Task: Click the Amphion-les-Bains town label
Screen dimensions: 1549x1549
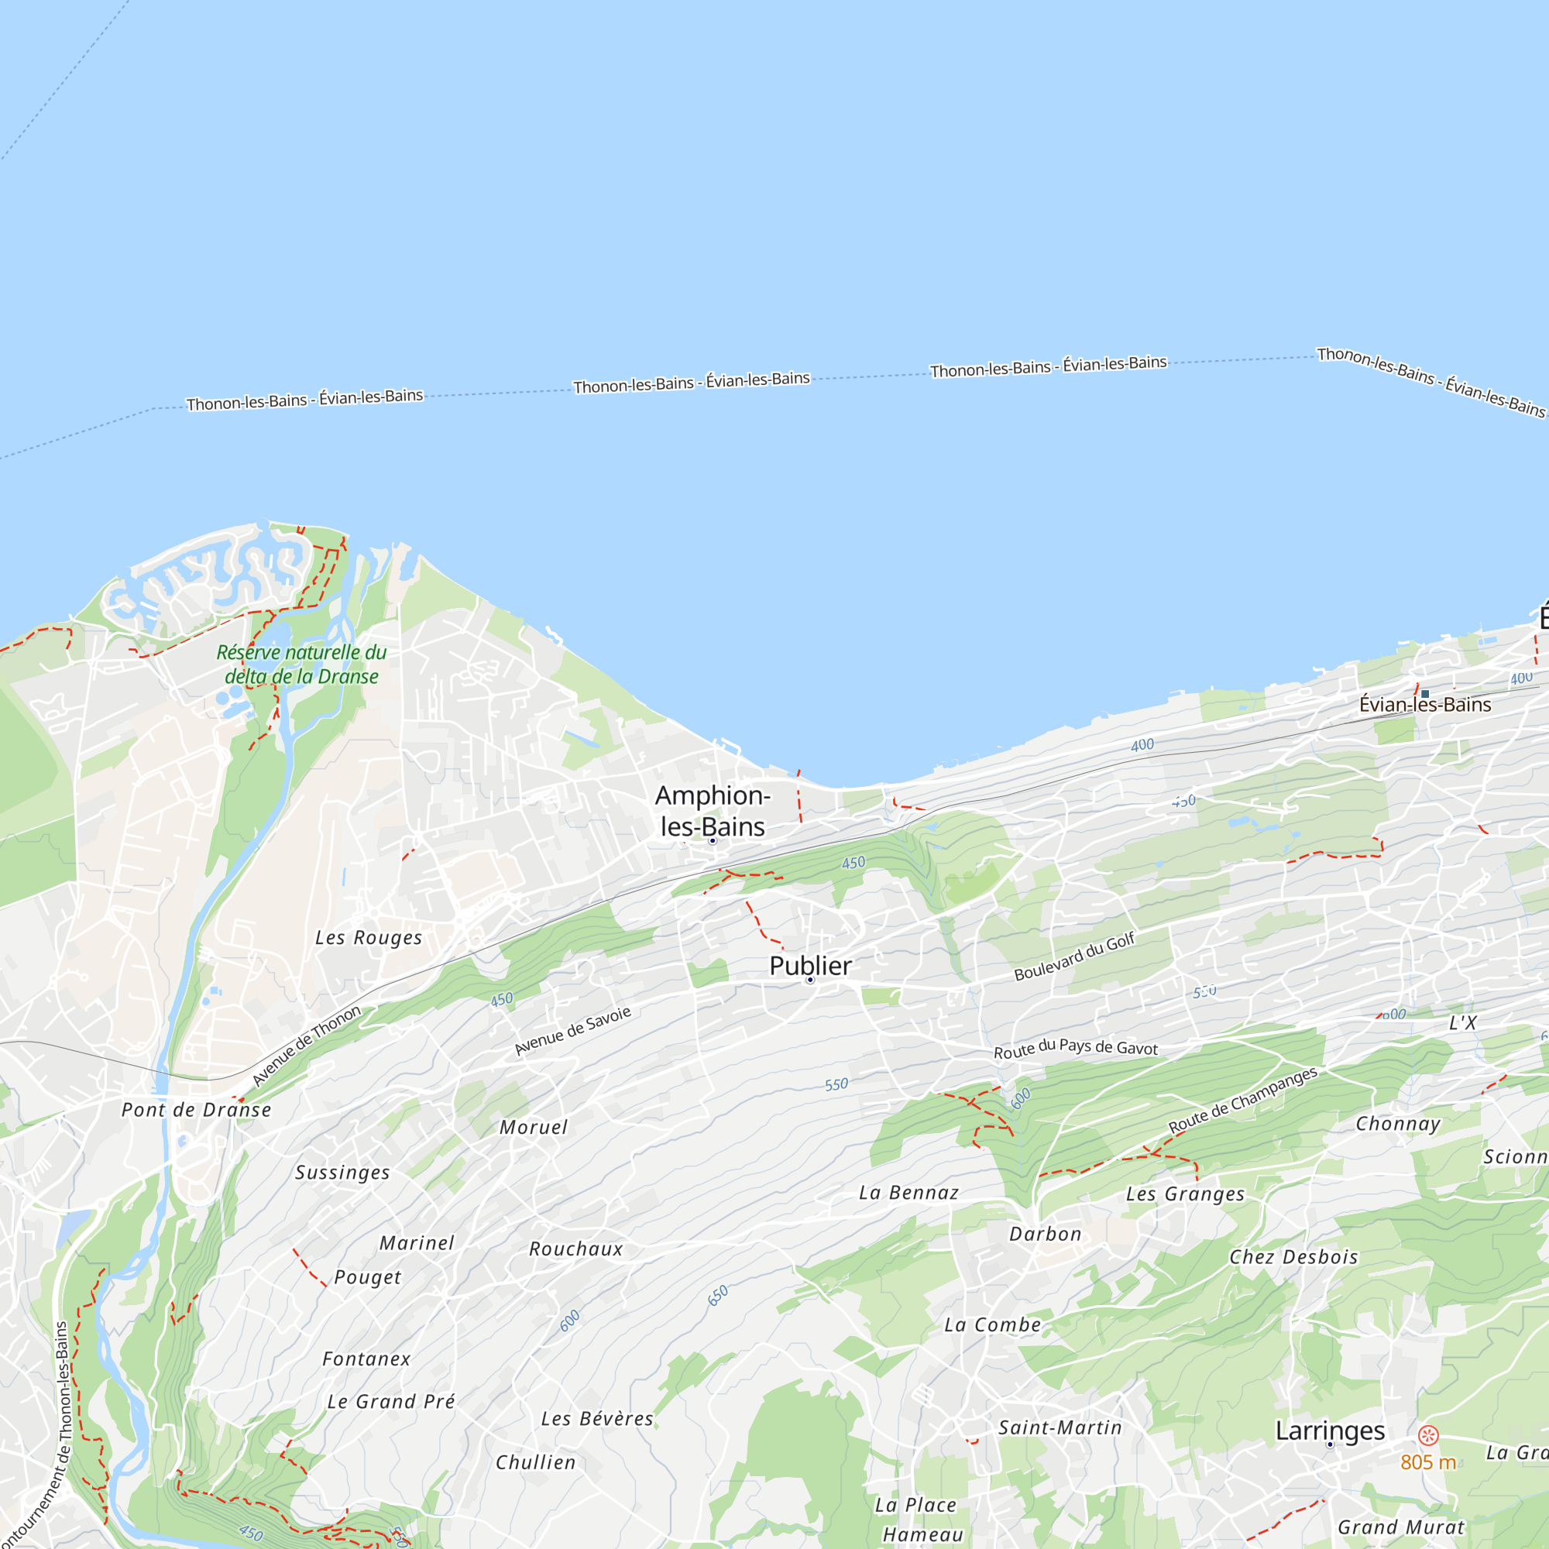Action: [712, 811]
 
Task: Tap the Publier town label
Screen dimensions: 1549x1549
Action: [810, 966]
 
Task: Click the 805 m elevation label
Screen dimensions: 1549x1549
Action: [1428, 1462]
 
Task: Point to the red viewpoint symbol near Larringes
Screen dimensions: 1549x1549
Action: [1428, 1435]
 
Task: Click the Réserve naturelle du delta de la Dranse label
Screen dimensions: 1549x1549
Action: [301, 664]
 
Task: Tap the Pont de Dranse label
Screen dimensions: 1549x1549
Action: [197, 1110]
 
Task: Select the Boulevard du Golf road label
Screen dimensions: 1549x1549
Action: [1074, 957]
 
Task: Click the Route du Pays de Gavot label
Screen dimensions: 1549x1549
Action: [1075, 1048]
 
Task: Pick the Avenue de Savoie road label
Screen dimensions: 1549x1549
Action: [572, 1031]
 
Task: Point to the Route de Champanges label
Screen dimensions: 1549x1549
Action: [1242, 1100]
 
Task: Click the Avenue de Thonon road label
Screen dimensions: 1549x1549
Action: [306, 1046]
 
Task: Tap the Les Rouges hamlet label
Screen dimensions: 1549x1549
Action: [368, 937]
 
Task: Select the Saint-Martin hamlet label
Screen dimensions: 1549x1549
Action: [1060, 1427]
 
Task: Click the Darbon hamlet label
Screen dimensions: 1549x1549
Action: [1045, 1234]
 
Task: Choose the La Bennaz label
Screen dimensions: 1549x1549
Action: [908, 1193]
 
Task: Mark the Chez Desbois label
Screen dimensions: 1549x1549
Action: [1293, 1257]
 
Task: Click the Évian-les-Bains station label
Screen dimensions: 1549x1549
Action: [1425, 705]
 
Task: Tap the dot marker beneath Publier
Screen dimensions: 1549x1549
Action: [810, 981]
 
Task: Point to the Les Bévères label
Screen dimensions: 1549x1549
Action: [597, 1418]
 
